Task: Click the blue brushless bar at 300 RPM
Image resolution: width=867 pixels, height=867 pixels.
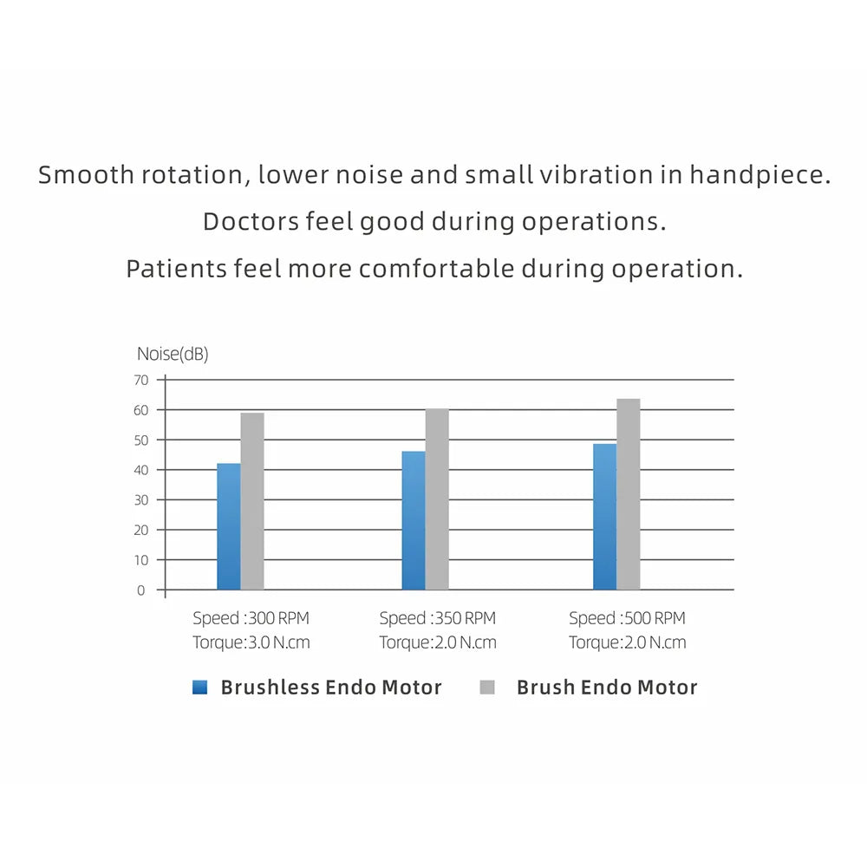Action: point(229,526)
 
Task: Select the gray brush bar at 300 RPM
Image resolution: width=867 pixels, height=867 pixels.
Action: point(252,501)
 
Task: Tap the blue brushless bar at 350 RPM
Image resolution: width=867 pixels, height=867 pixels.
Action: point(414,520)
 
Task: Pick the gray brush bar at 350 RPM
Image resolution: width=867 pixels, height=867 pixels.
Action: point(437,499)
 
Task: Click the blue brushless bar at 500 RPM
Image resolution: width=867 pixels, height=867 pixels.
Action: point(604,517)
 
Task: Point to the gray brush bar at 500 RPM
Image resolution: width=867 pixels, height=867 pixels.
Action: point(629,494)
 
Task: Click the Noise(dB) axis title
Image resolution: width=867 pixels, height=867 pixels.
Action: point(173,354)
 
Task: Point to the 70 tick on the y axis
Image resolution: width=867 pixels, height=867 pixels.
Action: point(140,380)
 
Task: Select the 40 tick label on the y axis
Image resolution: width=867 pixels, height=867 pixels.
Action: point(140,470)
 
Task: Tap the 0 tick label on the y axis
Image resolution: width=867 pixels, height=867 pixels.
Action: point(140,590)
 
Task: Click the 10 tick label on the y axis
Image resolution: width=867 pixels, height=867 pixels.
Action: point(140,560)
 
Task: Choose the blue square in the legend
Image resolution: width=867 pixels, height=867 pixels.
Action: point(200,688)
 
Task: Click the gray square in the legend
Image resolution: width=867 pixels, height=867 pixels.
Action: point(487,688)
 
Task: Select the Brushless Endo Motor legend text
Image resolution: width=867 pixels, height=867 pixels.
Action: point(331,688)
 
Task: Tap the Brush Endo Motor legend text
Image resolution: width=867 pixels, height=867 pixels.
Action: point(607,688)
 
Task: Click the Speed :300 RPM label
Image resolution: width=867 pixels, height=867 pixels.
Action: point(251,618)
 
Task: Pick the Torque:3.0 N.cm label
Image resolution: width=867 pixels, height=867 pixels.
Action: point(251,642)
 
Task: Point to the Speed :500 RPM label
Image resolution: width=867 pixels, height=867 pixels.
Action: point(627,618)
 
